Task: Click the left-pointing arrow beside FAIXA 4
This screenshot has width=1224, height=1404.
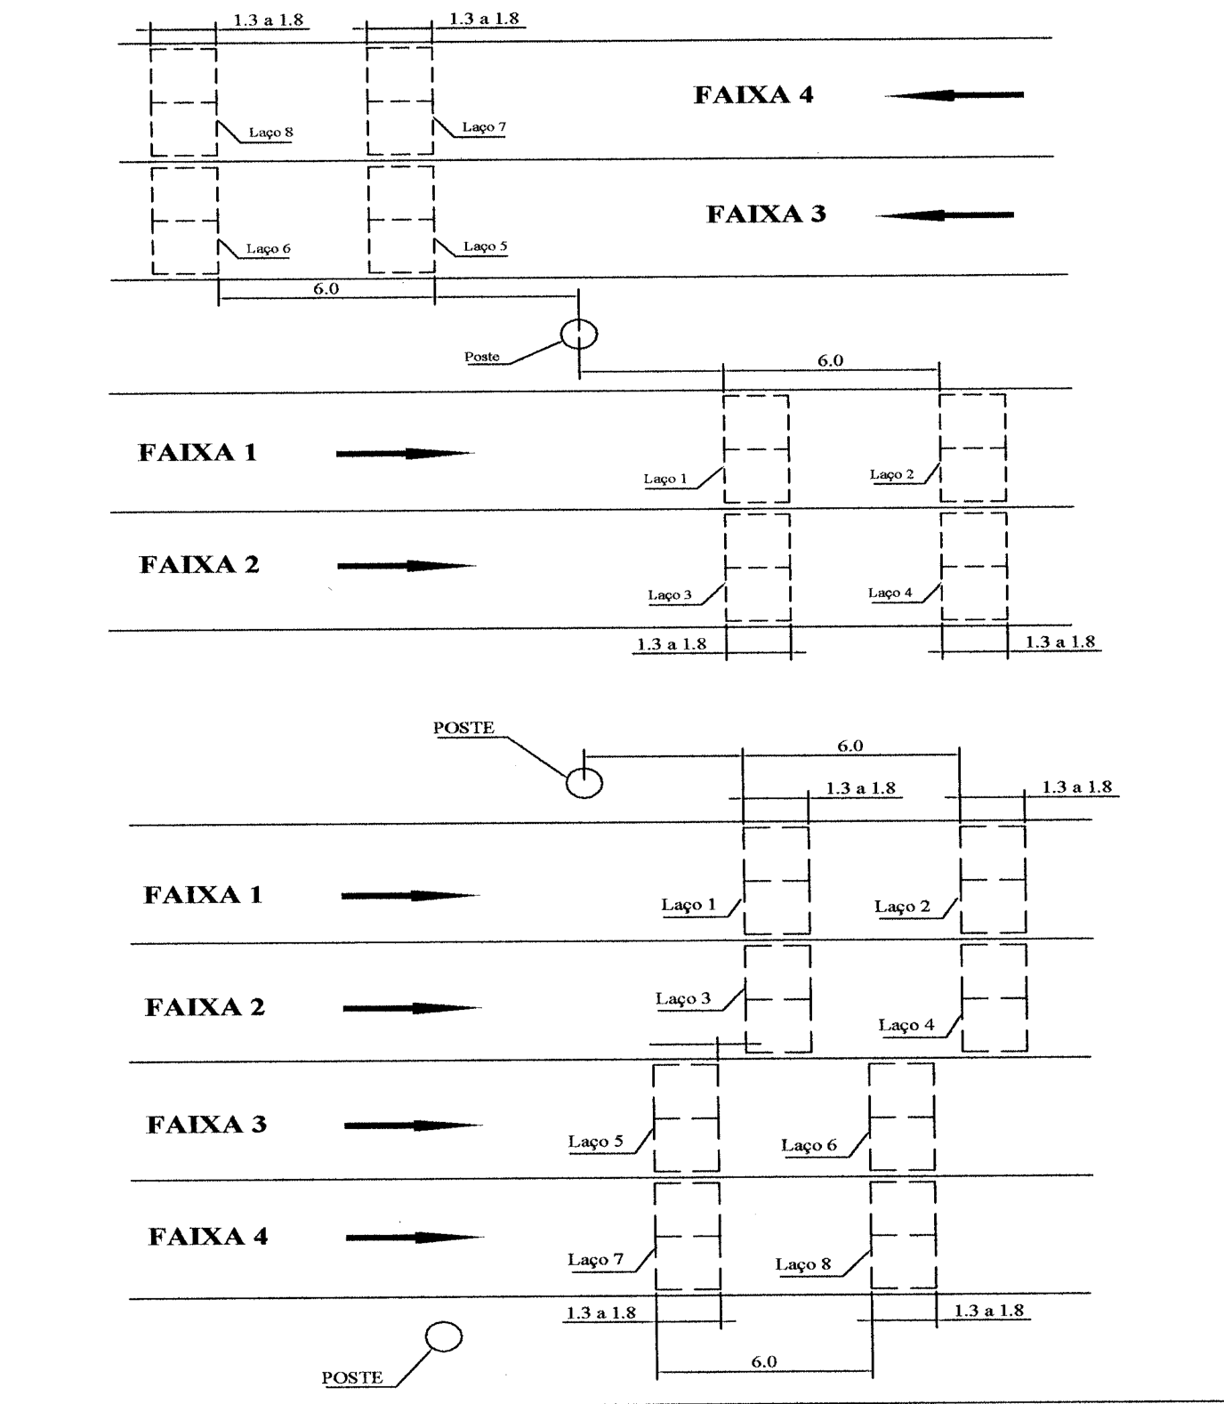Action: click(x=954, y=94)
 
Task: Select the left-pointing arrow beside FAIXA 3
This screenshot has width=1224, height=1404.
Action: click(x=945, y=214)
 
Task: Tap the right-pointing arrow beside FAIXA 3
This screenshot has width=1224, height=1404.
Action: click(x=414, y=1126)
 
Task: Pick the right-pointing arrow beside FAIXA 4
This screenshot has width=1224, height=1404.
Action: click(x=415, y=1237)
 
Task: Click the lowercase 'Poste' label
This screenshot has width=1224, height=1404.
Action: click(x=482, y=357)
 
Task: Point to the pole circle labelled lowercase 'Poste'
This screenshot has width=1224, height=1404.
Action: click(x=579, y=335)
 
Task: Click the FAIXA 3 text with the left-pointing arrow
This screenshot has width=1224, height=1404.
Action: click(x=767, y=214)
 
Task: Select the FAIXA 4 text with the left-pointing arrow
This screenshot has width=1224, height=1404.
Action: click(x=753, y=95)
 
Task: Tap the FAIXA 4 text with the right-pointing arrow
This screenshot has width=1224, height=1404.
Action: click(x=208, y=1237)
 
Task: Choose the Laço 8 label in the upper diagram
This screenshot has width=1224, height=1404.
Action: click(x=270, y=133)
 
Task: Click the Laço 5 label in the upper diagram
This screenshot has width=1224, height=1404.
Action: click(x=486, y=246)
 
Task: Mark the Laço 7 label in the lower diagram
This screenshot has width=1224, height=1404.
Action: click(x=596, y=1260)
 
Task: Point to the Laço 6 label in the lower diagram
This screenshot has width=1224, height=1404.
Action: click(x=809, y=1146)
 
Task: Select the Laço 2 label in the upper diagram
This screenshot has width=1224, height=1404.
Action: click(x=892, y=475)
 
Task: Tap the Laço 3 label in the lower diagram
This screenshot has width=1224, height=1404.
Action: click(x=683, y=999)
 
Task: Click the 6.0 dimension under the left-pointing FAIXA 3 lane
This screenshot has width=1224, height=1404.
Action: click(x=326, y=289)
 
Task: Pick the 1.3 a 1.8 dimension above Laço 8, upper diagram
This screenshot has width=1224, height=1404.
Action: click(x=269, y=20)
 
